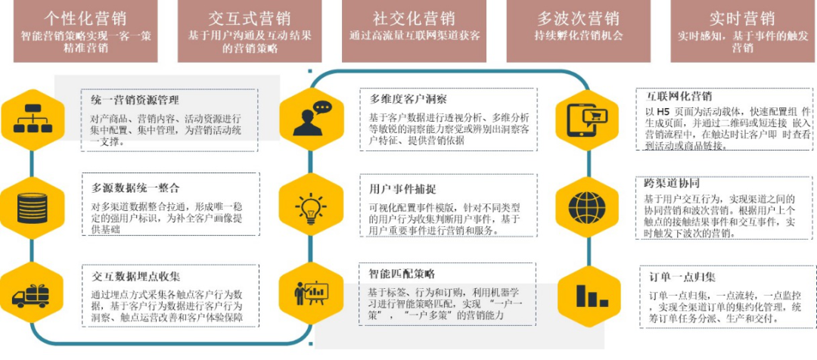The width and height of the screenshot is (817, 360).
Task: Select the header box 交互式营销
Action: tap(250, 30)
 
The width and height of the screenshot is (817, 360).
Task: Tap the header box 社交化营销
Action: tap(415, 30)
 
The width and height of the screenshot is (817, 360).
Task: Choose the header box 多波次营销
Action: tap(578, 30)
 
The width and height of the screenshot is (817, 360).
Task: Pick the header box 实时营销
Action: tap(741, 30)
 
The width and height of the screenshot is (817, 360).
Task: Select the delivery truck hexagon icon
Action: tap(31, 291)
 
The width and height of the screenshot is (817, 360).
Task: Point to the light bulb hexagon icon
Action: tap(312, 206)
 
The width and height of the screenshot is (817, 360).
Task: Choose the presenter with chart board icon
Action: tap(312, 291)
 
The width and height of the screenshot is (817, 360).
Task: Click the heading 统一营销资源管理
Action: tap(135, 100)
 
